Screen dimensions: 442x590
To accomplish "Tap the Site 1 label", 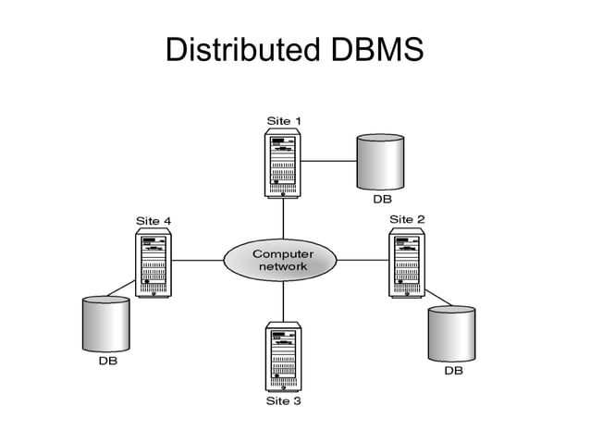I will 283,120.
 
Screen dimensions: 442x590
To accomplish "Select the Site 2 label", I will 407,219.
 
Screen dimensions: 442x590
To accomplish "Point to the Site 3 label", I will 283,401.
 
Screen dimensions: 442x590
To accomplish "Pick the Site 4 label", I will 154,220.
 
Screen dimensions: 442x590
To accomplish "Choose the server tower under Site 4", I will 154,263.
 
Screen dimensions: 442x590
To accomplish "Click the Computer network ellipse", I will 283,260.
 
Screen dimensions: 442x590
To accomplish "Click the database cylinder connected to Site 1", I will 380,161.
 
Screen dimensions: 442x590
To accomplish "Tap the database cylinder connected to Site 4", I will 105,324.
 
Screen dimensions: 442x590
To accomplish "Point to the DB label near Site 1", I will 382,198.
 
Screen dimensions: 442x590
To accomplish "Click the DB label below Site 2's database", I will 453,371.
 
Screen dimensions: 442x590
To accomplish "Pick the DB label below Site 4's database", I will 108,362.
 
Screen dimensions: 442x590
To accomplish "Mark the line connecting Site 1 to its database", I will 327,160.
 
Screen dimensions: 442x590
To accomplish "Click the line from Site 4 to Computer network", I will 199,260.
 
